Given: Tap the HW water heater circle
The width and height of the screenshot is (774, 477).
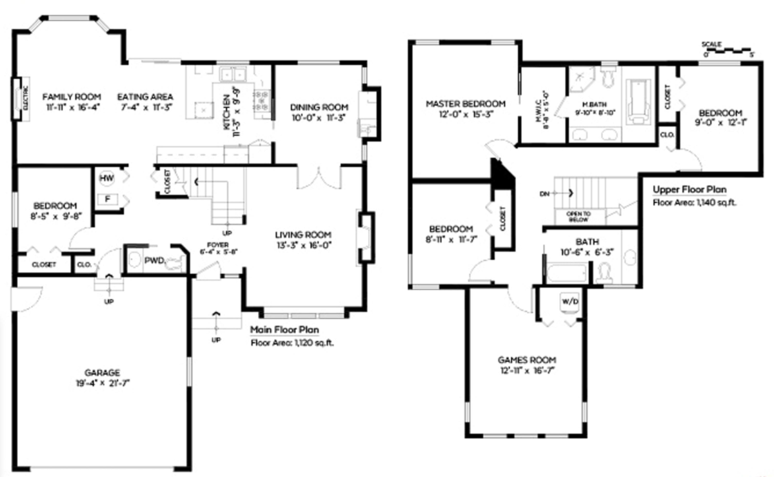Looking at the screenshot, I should click(x=106, y=177).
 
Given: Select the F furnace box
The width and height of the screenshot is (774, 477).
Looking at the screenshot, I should click(x=106, y=199).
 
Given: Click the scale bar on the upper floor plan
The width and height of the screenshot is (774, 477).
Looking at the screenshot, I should click(x=728, y=49).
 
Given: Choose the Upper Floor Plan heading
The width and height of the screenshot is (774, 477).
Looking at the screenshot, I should click(x=689, y=190).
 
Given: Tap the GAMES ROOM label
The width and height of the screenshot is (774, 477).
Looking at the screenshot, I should click(x=527, y=360).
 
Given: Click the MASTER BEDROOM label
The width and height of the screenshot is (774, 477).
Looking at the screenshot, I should click(x=465, y=103).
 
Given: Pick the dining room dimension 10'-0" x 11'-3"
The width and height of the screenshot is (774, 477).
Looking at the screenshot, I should click(x=319, y=119).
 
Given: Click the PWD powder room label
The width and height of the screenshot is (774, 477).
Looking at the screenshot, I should click(x=154, y=260).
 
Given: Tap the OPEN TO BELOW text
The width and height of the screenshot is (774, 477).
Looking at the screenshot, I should click(x=577, y=216).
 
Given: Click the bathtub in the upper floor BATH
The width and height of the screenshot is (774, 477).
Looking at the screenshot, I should click(x=568, y=273).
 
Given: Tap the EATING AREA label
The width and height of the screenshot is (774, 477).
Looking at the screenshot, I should click(x=145, y=97).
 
